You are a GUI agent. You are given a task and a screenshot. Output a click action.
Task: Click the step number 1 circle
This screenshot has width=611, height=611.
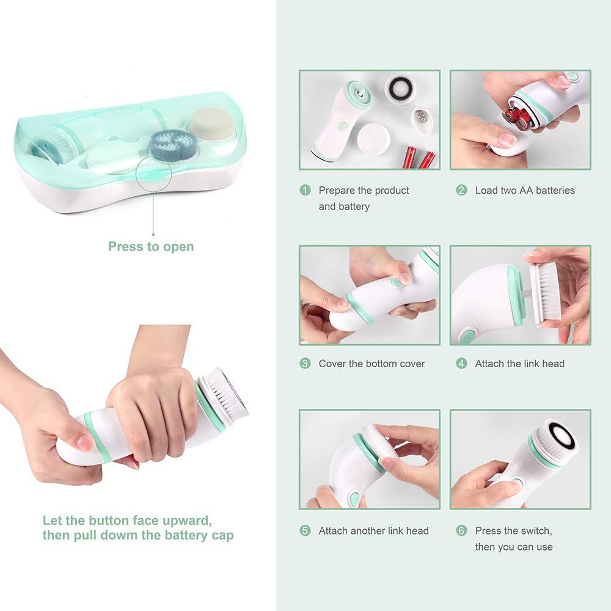[x=305, y=190]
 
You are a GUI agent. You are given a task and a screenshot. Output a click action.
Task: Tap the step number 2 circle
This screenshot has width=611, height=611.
[x=461, y=190]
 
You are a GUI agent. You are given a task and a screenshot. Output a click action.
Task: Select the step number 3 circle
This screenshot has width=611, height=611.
[x=305, y=364]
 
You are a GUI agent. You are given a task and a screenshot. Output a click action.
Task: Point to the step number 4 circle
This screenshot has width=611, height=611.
[x=461, y=364]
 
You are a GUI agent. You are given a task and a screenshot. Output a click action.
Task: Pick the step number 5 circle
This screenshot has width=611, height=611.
[x=305, y=531]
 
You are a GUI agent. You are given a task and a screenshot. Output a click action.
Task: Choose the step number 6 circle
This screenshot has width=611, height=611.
[x=461, y=531]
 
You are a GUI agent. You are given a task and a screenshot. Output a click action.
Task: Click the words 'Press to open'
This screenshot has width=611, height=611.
[x=151, y=247]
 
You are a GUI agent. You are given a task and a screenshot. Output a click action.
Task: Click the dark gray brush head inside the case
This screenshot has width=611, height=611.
[x=170, y=145]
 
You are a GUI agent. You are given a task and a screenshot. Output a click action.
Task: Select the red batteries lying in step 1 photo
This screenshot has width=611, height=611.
[x=419, y=156]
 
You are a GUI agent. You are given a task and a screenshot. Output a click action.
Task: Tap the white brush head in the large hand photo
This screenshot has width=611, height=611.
[x=225, y=395]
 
